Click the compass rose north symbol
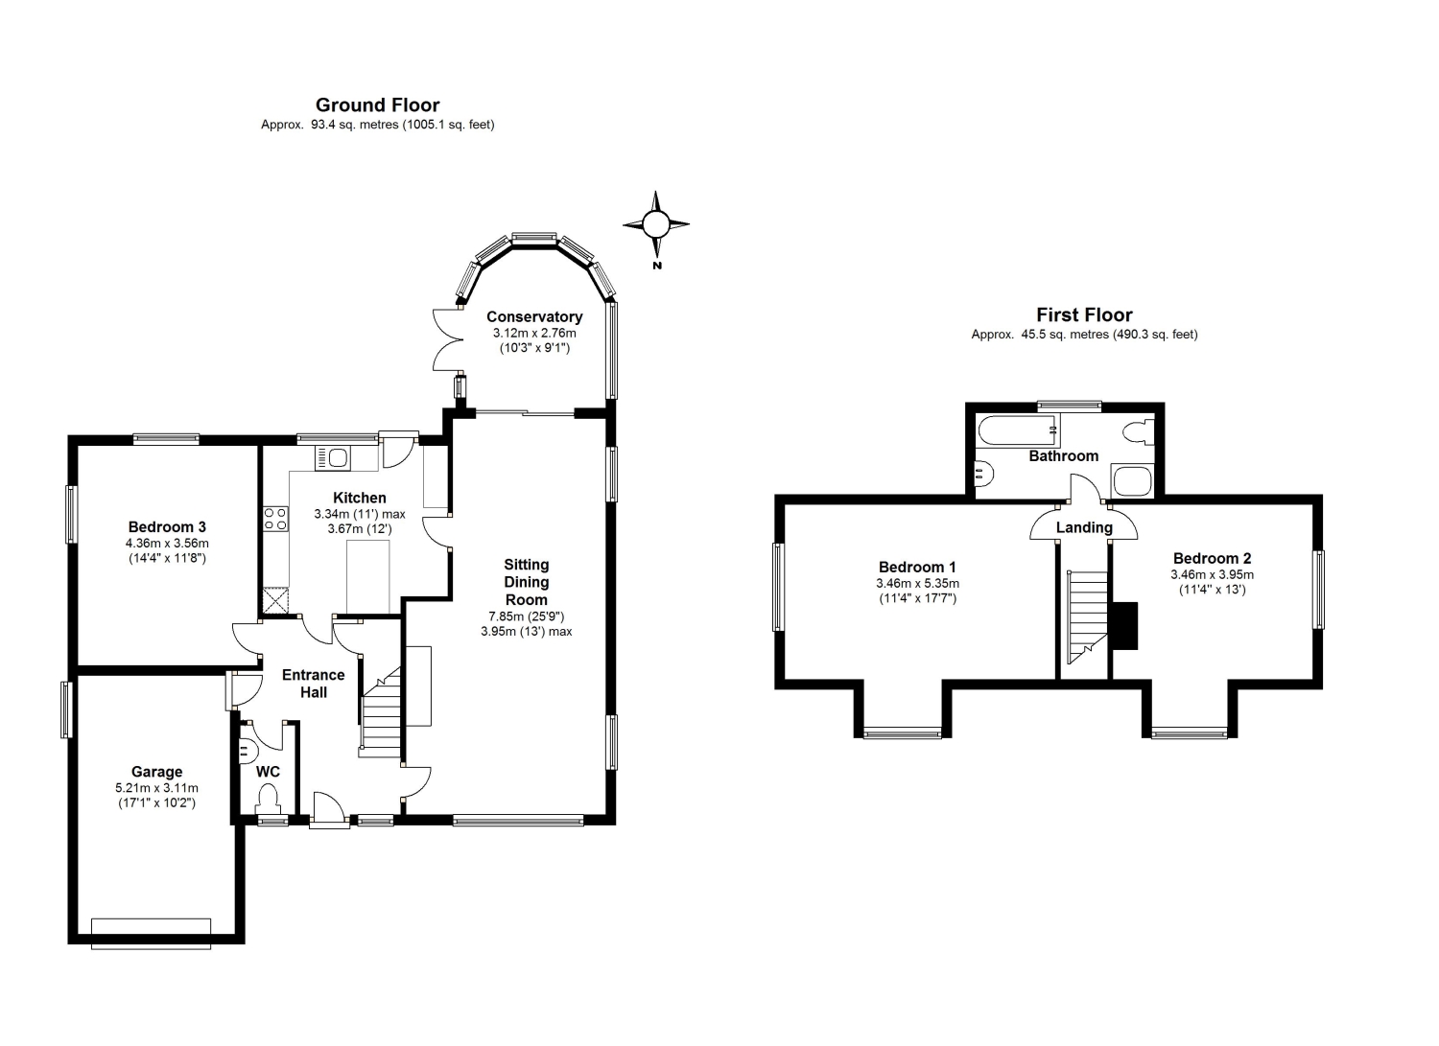[x=655, y=224]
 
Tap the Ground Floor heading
[x=378, y=105]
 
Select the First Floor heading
[x=1084, y=314]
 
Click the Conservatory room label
[x=534, y=316]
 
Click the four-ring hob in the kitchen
[x=275, y=519]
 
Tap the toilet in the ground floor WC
[x=268, y=801]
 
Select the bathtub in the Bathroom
[x=1018, y=430]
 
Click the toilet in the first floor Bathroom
[x=1139, y=430]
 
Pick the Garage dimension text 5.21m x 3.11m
[x=156, y=788]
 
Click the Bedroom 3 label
[x=167, y=527]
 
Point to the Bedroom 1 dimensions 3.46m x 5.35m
[x=917, y=584]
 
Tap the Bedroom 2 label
[x=1213, y=559]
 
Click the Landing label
[x=1084, y=528]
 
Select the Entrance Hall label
[x=314, y=684]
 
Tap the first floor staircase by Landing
[x=1087, y=617]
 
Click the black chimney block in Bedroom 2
[x=1125, y=625]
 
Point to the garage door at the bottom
[x=151, y=934]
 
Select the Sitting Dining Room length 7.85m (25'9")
[x=526, y=616]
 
